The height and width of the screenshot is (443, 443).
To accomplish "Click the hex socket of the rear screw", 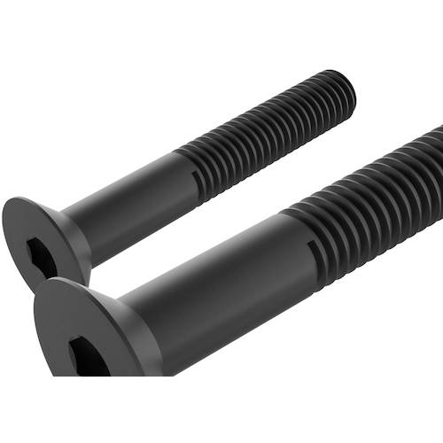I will click(x=41, y=255).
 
